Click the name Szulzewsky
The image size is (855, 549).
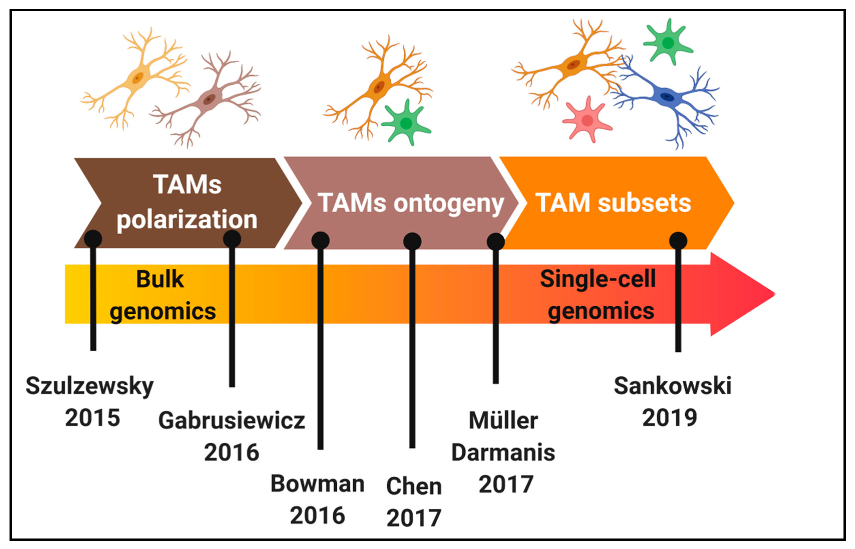[x=90, y=386]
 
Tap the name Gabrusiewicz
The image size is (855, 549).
[x=231, y=421]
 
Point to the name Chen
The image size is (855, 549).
[x=414, y=486]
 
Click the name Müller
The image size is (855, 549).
[x=503, y=421]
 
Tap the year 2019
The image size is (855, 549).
[x=669, y=418]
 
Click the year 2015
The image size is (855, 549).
[x=92, y=418]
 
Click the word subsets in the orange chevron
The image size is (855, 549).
[x=644, y=203]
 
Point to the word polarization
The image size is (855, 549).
[x=187, y=219]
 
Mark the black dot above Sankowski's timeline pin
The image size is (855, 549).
[x=678, y=241]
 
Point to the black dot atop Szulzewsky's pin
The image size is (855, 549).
[x=93, y=239]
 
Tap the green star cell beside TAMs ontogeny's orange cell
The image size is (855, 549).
[x=406, y=123]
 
